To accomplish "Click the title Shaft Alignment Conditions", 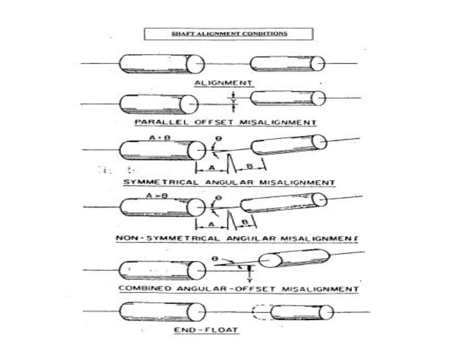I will tap(228, 34).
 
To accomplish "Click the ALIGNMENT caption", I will tap(223, 83).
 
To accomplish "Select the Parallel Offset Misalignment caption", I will tap(225, 122).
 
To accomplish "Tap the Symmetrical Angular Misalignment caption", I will tap(229, 182).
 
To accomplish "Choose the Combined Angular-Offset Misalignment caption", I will tap(238, 289).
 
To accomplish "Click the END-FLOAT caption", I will tap(206, 330).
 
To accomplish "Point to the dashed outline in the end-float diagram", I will tap(260, 312).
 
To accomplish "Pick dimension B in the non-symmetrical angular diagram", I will tap(245, 222).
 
